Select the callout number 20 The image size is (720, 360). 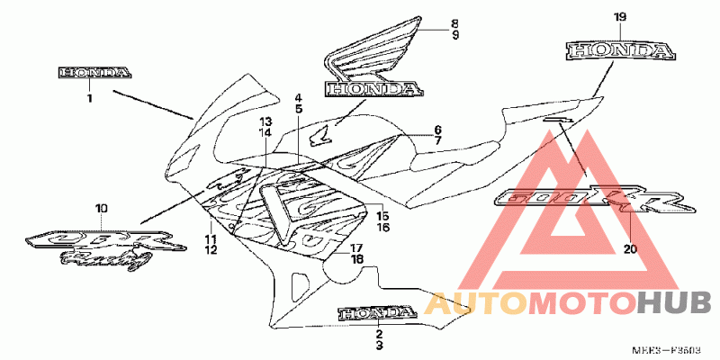pos(629,249)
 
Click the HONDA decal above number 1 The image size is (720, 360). pos(94,72)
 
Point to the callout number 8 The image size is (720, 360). pos(454,22)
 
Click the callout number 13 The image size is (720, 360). pos(265,121)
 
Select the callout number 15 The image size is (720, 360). pos(382,217)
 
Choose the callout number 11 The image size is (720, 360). pos(210,238)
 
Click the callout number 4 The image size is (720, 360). pos(298,96)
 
